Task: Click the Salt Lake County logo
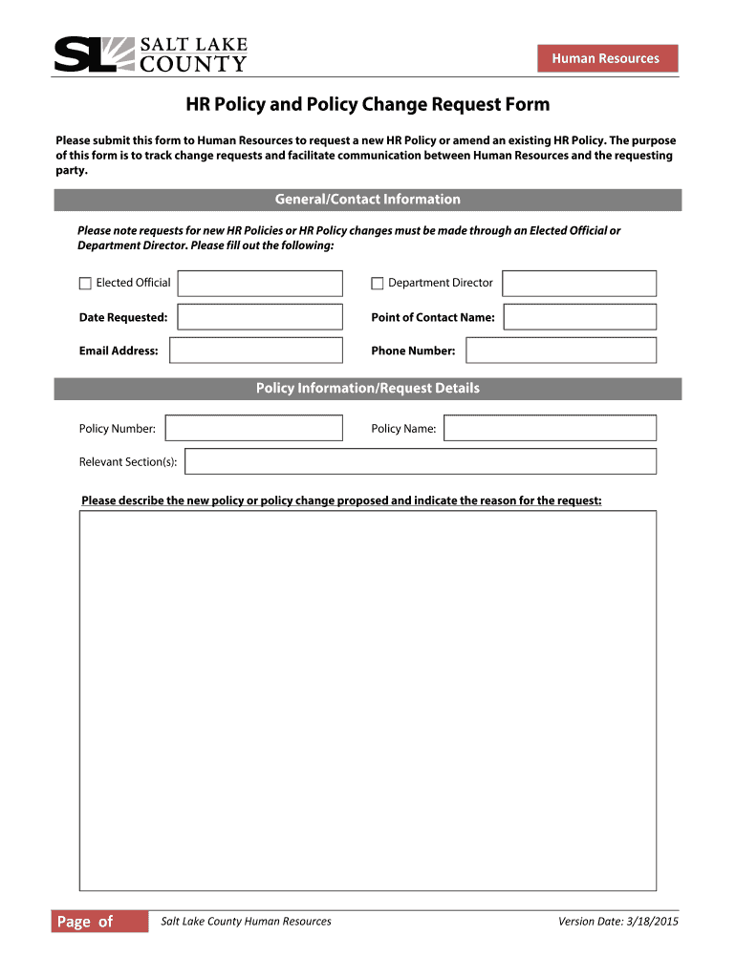click(150, 54)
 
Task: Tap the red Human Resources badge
click(607, 58)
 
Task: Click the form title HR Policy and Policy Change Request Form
click(367, 104)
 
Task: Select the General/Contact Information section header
click(367, 200)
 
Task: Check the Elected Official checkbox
click(85, 283)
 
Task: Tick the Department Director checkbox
click(378, 283)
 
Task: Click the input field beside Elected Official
click(260, 283)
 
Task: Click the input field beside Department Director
click(579, 283)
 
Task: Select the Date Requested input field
click(260, 317)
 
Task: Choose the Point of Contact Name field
click(579, 317)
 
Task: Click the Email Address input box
click(256, 351)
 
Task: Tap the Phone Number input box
click(561, 351)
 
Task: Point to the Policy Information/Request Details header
click(367, 389)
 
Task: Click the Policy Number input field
click(253, 428)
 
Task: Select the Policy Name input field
click(550, 428)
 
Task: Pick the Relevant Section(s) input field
click(421, 461)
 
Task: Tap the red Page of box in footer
click(100, 922)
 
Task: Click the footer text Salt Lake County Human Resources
click(246, 922)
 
